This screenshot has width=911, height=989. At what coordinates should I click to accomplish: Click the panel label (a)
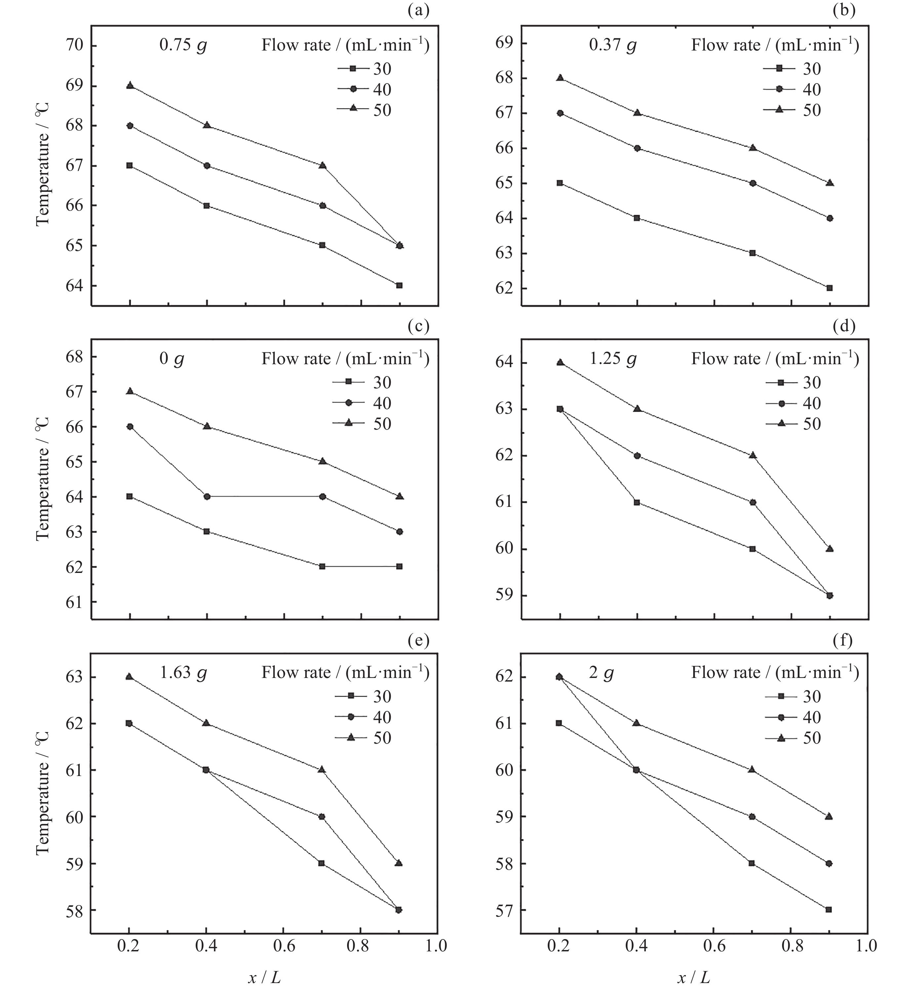click(419, 10)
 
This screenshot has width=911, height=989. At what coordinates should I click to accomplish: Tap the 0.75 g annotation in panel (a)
click(183, 45)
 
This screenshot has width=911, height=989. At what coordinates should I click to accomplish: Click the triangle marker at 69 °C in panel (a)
click(130, 85)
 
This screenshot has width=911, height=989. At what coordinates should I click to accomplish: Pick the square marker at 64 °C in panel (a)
click(399, 286)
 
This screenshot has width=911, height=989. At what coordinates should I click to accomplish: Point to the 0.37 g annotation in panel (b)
click(613, 45)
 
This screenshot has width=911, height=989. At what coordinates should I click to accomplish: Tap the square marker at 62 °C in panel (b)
click(830, 288)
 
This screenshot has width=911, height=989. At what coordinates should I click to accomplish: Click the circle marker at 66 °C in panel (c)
click(130, 427)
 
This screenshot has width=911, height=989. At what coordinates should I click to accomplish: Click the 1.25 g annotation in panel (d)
click(613, 359)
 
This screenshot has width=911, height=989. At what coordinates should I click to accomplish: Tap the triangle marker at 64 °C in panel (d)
click(560, 363)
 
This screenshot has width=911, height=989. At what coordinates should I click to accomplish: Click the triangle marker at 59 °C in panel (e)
click(399, 863)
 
